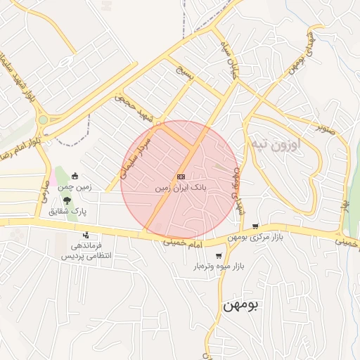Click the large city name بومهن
tap(241, 305)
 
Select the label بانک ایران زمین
tap(181, 188)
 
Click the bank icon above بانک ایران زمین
tap(181, 177)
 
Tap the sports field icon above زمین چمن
tap(75, 176)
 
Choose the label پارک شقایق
tap(67, 210)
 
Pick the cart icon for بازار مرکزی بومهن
tap(255, 226)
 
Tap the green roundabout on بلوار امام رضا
tap(44, 120)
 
